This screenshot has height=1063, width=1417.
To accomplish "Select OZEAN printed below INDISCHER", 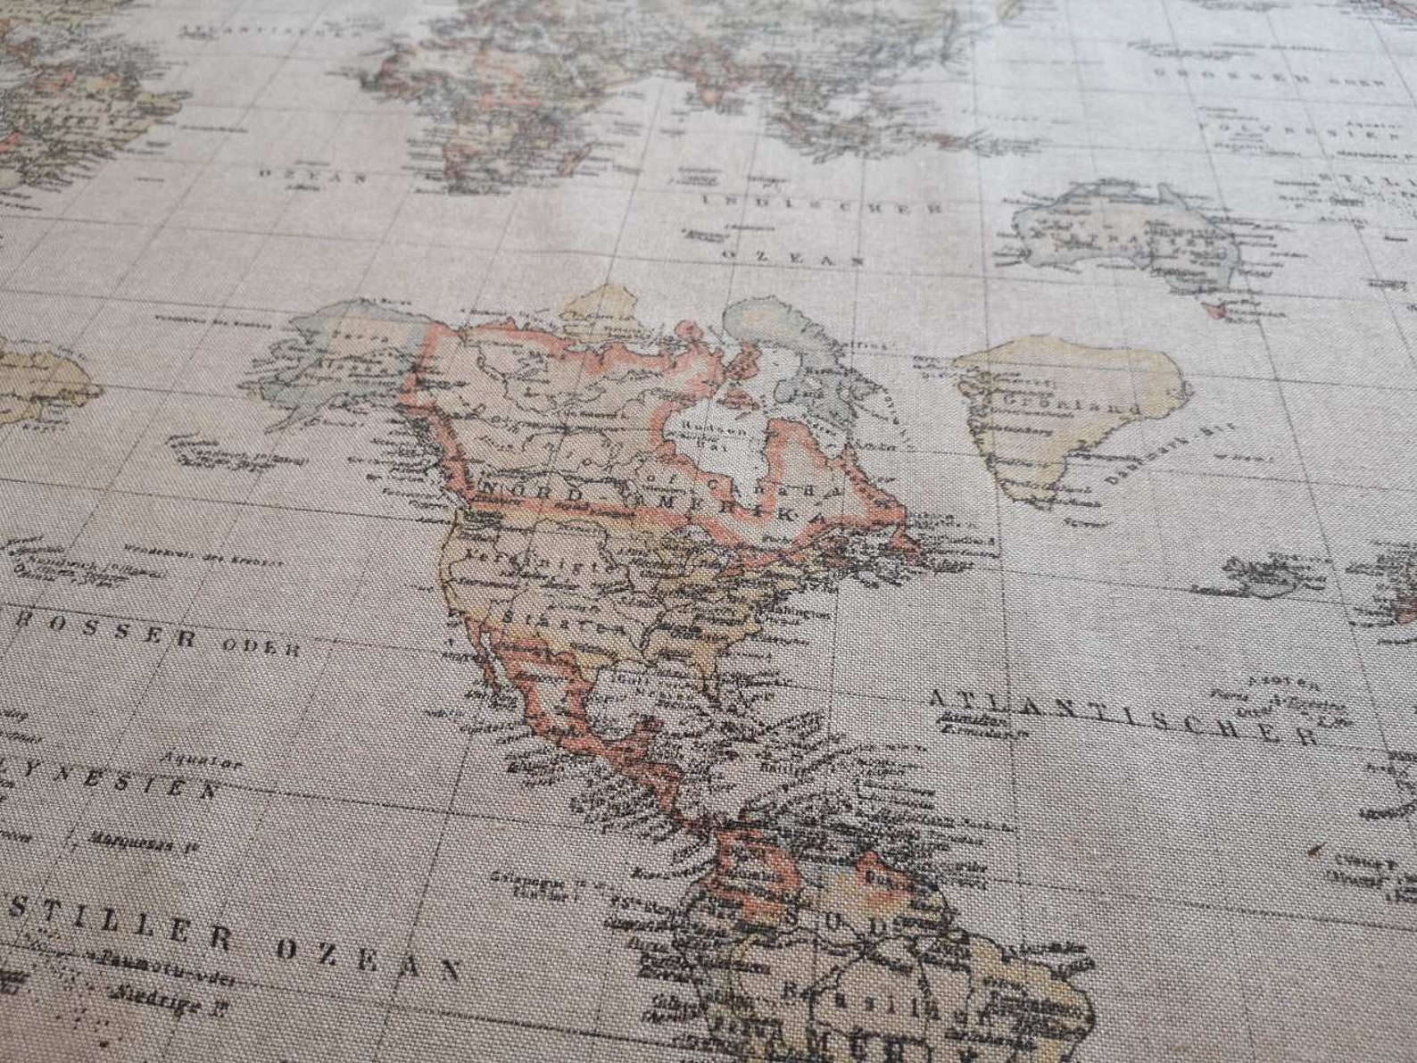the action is (792, 257).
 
